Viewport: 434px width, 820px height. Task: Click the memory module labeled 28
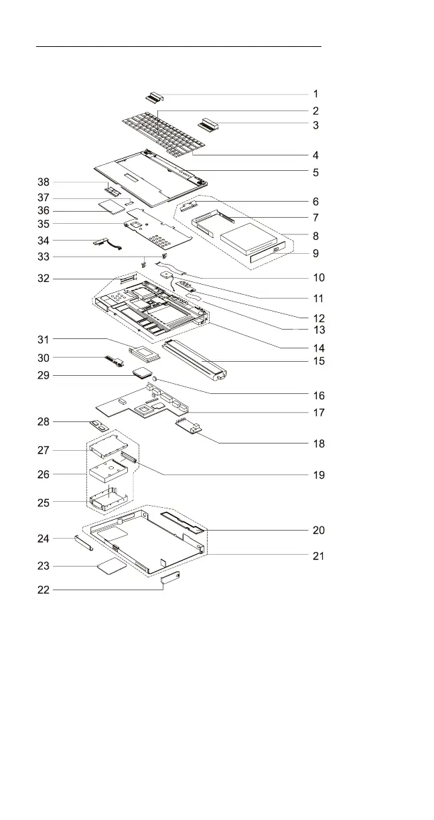pyautogui.click(x=98, y=425)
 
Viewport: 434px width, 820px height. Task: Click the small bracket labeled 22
pyautogui.click(x=171, y=578)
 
